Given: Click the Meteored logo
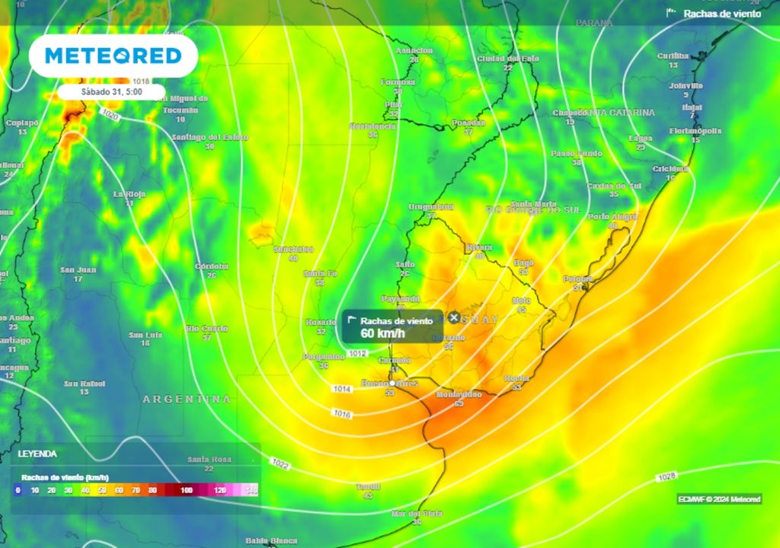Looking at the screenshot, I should click(113, 56).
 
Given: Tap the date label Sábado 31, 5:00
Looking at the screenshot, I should click(111, 92).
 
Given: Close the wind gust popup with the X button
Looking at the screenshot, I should click(454, 317).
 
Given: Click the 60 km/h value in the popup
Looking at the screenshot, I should click(383, 333).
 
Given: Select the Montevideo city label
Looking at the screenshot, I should click(459, 394).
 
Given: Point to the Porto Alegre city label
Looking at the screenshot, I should click(612, 217).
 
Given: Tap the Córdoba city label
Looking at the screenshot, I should click(212, 266).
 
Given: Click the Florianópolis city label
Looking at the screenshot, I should click(695, 131).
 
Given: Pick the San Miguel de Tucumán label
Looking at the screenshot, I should click(180, 104).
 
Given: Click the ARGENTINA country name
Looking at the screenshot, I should click(187, 399).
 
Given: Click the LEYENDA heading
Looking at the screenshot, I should click(37, 454).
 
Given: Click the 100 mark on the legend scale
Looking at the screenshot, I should click(187, 490).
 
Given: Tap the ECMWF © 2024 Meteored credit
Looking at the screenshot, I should click(719, 499).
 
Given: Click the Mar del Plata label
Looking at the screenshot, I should click(417, 514).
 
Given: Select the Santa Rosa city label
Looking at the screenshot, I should click(209, 460).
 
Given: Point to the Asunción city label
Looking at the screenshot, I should click(414, 50).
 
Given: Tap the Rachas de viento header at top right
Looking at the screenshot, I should click(721, 14).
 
